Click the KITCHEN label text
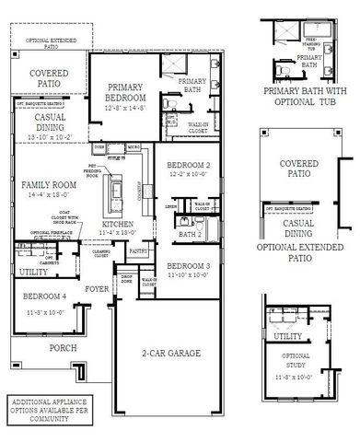pos(118,224)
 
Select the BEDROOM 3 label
pos(189,266)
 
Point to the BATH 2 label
pos(191,235)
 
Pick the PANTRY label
pos(138,250)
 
